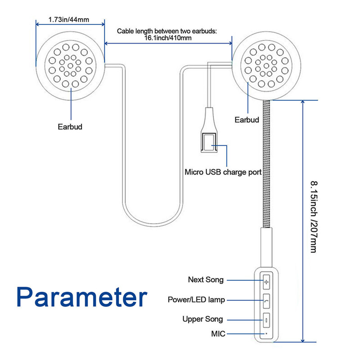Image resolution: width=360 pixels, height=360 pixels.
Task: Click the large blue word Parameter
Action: click(82, 297)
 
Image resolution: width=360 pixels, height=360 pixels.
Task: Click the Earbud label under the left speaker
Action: click(70, 126)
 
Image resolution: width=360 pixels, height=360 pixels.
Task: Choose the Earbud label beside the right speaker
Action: click(247, 120)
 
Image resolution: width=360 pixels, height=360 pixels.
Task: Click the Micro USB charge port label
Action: click(223, 172)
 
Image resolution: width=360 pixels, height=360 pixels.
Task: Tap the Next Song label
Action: click(206, 280)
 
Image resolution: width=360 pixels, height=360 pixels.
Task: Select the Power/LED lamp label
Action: click(196, 300)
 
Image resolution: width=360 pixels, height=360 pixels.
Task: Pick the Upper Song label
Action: click(202, 319)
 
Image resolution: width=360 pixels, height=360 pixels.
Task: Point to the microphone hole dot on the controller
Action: click(266, 333)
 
